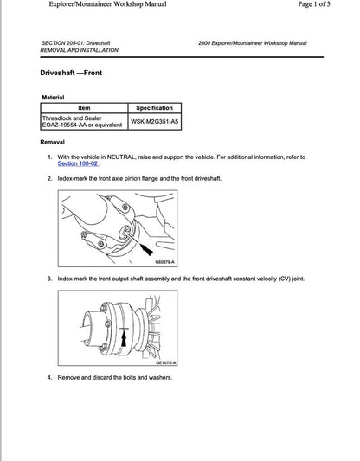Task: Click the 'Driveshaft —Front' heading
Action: point(71,73)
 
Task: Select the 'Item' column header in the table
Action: point(84,108)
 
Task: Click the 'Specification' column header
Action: point(155,108)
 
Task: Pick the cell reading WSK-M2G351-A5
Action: point(155,122)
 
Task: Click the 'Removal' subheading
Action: point(53,142)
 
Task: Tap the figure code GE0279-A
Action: point(164,261)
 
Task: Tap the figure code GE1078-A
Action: point(164,362)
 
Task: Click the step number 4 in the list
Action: point(49,377)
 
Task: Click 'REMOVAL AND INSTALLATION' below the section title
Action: point(80,50)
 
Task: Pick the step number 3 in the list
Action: point(49,279)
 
